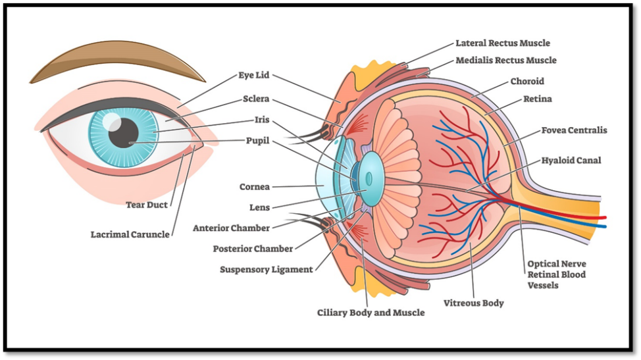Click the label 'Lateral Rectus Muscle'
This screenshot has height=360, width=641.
pos(502,43)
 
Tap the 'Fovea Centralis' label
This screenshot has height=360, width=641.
pos(574,130)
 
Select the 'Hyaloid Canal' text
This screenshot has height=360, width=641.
pos(571,160)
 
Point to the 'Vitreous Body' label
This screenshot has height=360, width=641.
pos(473,303)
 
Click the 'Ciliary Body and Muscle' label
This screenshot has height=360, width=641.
pos(371,313)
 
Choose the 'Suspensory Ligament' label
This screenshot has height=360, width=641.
pos(266,270)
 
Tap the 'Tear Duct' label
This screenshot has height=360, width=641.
pos(147,205)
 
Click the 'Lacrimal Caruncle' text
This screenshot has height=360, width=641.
pos(130,234)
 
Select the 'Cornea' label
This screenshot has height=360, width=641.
pos(254,187)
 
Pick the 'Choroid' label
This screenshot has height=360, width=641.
pos(527,82)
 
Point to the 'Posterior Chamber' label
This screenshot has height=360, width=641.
pos(253,249)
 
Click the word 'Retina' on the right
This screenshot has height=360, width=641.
pos(537,99)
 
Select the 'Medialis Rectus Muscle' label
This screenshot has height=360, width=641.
pos(505,61)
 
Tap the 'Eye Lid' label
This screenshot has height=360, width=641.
pos(254,76)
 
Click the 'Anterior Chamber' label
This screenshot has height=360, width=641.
pos(231,228)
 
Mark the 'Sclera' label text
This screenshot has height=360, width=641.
pos(256,99)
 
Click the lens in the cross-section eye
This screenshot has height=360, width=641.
pos(370,178)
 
